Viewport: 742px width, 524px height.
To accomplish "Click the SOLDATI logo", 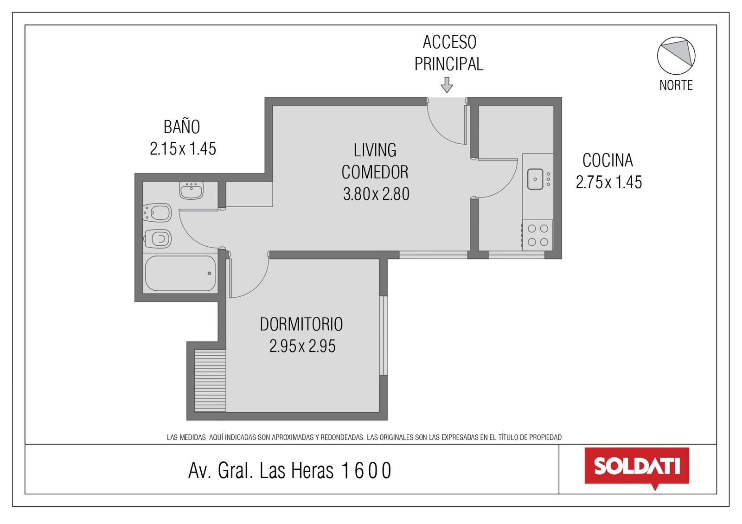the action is tap(637, 467).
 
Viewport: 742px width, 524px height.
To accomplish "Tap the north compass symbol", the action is tap(676, 56).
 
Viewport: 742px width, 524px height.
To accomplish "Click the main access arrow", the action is tap(447, 85).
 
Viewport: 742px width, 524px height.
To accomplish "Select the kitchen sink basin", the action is tap(535, 179).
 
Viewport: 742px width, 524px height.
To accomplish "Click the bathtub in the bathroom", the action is tap(180, 273).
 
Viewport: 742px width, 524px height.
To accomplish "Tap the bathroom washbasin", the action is tap(191, 190).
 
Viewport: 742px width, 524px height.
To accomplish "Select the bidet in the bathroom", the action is tap(157, 213).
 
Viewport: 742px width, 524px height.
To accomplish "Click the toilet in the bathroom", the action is tap(158, 239).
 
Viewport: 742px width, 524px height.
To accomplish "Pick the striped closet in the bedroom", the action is tap(210, 381).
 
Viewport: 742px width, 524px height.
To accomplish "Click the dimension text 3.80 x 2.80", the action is tap(376, 194).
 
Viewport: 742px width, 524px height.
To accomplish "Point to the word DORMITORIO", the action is tap(301, 324).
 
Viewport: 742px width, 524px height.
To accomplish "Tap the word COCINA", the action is tap(608, 160).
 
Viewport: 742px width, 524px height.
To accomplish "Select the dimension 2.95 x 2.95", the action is tap(302, 346).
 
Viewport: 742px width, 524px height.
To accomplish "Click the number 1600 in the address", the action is tap(366, 471).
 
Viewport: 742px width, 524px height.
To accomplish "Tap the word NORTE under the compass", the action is tap(676, 85).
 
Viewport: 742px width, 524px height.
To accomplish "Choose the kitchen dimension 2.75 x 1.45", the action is tap(609, 182).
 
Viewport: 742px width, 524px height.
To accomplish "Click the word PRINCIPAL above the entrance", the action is tap(449, 64).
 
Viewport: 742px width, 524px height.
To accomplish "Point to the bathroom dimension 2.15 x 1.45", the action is tap(183, 149).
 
